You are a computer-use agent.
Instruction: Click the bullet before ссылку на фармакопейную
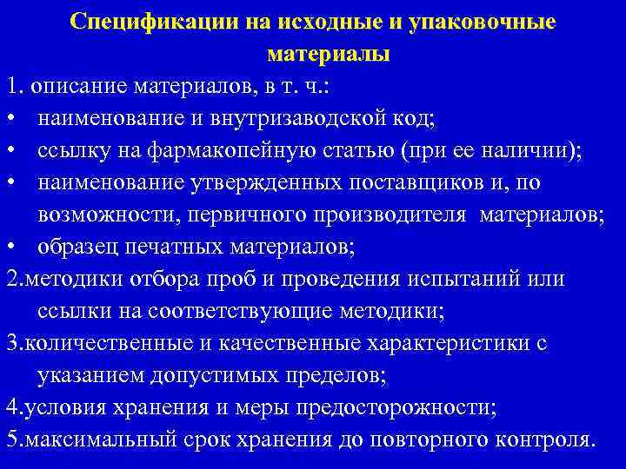10,150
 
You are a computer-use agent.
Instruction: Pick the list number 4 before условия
10,406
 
